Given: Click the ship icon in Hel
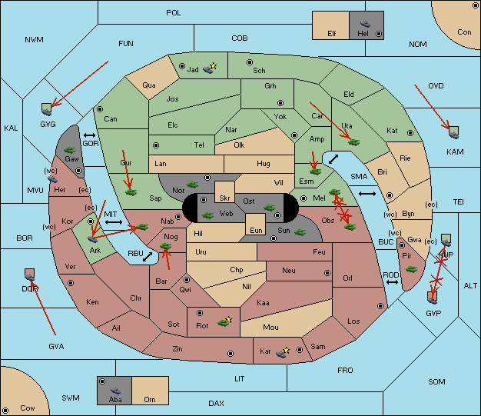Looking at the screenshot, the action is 365,24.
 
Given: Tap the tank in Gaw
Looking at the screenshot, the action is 70,150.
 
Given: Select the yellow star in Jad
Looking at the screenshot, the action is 214,65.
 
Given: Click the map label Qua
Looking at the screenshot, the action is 149,85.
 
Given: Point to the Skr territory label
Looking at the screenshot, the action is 224,198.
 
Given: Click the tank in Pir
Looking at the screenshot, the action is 411,269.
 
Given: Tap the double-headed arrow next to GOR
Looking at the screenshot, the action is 89,135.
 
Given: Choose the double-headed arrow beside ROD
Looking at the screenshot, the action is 392,282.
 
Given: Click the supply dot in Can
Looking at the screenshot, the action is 100,109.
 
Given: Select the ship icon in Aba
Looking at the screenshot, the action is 116,391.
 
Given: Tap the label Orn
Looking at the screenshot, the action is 150,399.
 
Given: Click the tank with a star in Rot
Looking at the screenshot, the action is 224,322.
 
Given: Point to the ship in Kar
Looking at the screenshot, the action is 281,354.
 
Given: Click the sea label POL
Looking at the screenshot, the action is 174,13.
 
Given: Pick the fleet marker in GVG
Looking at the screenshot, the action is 47,110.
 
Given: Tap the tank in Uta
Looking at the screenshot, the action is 354,142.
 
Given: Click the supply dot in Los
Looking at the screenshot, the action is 380,306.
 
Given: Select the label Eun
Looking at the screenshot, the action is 256,230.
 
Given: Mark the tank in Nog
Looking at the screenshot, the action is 166,246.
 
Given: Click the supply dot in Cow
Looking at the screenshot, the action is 5,411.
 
